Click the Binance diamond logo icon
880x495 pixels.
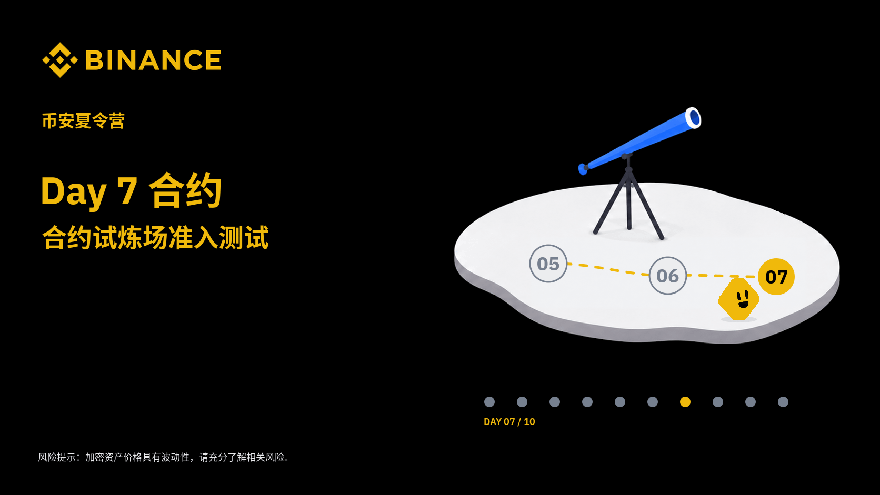point(59,60)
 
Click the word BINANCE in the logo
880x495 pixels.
point(154,60)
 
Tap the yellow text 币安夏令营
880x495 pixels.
point(83,120)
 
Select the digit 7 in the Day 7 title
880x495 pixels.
point(127,191)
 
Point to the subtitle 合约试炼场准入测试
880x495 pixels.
point(156,237)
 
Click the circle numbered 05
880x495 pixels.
point(548,264)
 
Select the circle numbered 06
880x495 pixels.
point(667,276)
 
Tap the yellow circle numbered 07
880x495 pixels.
point(776,277)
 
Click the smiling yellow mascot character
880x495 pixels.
point(738,299)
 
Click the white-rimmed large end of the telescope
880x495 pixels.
point(693,118)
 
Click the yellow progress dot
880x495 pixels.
point(685,402)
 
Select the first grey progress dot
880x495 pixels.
point(489,402)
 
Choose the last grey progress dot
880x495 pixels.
point(783,402)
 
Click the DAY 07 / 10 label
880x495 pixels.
point(509,422)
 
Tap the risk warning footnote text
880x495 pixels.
point(164,457)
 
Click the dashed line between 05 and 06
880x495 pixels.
point(608,269)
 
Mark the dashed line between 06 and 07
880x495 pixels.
point(722,276)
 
